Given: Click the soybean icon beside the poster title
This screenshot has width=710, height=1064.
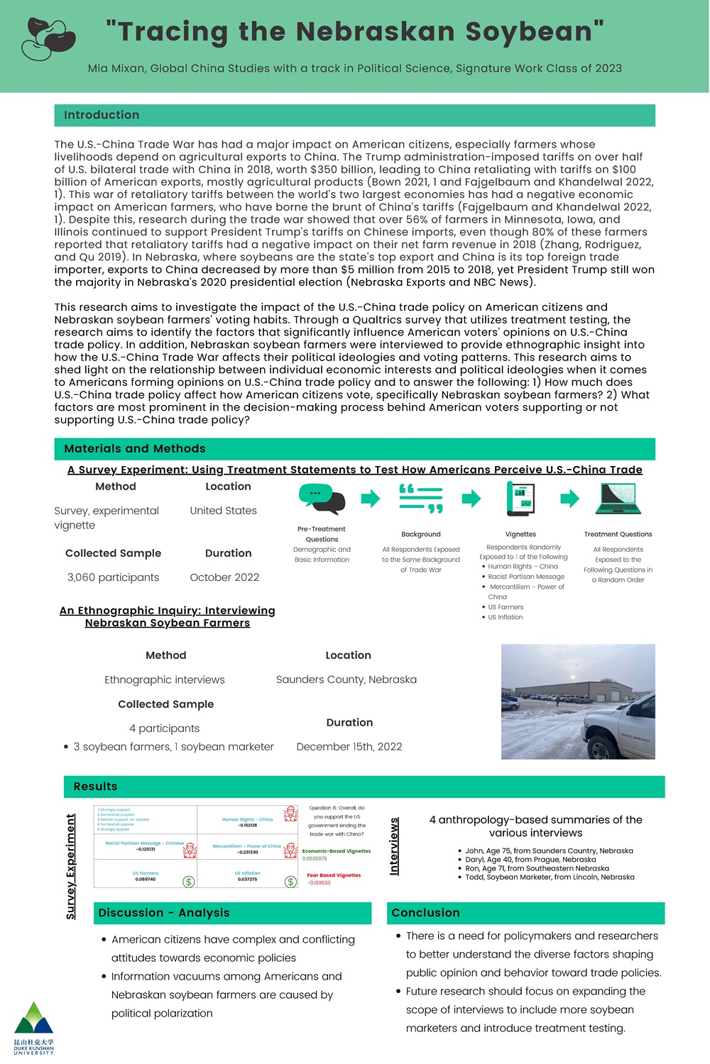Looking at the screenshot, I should pyautogui.click(x=48, y=38).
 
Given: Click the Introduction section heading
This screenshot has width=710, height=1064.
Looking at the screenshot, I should pyautogui.click(x=102, y=115).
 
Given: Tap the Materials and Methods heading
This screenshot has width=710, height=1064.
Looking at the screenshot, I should pyautogui.click(x=135, y=449).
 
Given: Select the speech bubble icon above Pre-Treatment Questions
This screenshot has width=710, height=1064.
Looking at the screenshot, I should pyautogui.click(x=322, y=499).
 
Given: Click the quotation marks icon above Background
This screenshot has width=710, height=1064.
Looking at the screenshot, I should pyautogui.click(x=421, y=499).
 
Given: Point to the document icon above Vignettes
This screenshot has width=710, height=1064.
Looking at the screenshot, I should pyautogui.click(x=520, y=499).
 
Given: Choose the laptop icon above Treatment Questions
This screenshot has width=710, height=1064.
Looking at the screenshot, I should pyautogui.click(x=618, y=499).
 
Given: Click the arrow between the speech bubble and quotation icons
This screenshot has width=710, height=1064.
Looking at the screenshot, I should pyautogui.click(x=371, y=499).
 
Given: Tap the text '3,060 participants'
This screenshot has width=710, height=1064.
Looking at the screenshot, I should pyautogui.click(x=113, y=577).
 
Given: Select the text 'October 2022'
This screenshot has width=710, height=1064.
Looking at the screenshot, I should pyautogui.click(x=224, y=577).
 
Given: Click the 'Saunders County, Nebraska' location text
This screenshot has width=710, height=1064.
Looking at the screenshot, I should pyautogui.click(x=346, y=680).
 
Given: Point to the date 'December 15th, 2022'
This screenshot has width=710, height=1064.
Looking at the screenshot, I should pyautogui.click(x=349, y=746).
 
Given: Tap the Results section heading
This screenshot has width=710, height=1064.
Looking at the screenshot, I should pyautogui.click(x=95, y=787).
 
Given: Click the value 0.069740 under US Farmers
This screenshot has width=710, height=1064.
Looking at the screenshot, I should pyautogui.click(x=146, y=880).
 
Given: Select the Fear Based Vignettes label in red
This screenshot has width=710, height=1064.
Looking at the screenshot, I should pyautogui.click(x=334, y=875).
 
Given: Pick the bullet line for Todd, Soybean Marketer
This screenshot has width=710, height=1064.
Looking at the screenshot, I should pyautogui.click(x=550, y=877).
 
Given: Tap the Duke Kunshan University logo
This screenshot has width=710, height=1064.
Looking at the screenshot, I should pyautogui.click(x=33, y=1028).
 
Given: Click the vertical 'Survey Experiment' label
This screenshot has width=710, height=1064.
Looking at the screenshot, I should pyautogui.click(x=71, y=866).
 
